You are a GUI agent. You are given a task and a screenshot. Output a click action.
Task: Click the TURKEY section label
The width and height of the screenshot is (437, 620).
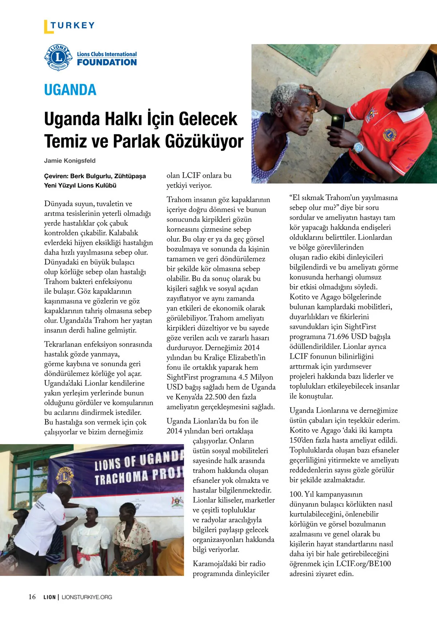72,25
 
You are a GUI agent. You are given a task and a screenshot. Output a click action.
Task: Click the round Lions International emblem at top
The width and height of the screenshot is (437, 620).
58,58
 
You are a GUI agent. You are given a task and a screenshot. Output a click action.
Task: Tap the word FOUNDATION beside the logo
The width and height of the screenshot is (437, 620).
107,62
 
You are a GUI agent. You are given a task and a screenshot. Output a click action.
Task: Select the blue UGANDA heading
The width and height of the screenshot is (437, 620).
70,90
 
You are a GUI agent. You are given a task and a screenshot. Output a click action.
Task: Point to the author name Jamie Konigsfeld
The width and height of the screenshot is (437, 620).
70,161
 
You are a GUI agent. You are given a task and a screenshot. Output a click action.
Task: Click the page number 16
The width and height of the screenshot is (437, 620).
32,597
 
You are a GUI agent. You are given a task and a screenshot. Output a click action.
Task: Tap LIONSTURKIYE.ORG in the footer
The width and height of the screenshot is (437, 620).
87,597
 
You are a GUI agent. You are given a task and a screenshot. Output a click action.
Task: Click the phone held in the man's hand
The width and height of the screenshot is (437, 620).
338,122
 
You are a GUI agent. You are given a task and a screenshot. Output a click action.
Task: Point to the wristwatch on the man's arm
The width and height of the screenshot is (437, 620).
358,147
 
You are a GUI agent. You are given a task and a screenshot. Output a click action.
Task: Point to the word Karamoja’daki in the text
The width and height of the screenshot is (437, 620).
215,564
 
